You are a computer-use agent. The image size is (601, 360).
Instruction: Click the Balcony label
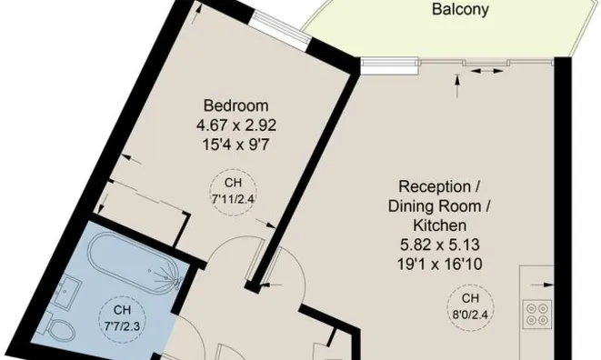coord(460,11)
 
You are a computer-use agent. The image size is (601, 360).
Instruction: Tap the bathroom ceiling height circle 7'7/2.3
coord(120,313)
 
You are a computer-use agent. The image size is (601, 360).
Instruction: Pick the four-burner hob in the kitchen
coord(536,314)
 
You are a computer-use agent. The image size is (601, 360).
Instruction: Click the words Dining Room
coord(440,205)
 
